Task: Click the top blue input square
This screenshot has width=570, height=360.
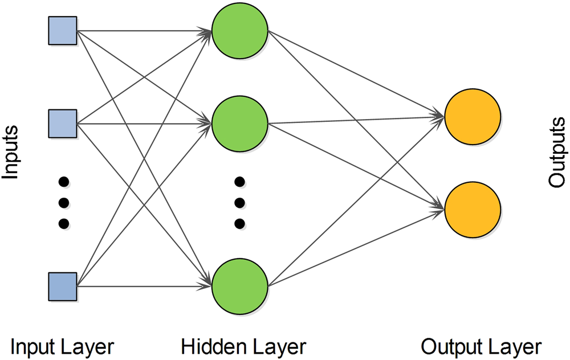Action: [62, 31]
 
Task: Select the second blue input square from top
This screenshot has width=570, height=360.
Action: [62, 122]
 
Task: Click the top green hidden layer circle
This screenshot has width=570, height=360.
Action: [239, 31]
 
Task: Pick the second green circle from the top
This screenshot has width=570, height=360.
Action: [239, 122]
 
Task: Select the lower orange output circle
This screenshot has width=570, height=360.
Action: [473, 209]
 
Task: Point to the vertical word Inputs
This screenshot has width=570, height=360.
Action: [11, 153]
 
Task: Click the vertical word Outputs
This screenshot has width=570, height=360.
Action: [557, 153]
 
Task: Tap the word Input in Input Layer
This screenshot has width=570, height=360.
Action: [33, 346]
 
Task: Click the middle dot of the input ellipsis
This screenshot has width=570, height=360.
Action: [64, 202]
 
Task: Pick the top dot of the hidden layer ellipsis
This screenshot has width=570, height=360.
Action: [240, 182]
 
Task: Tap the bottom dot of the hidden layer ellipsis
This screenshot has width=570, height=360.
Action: [240, 222]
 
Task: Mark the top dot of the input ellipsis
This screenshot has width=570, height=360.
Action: [64, 182]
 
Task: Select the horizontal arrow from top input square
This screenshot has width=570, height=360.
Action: [142, 31]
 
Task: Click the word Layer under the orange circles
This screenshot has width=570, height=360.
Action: [514, 346]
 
